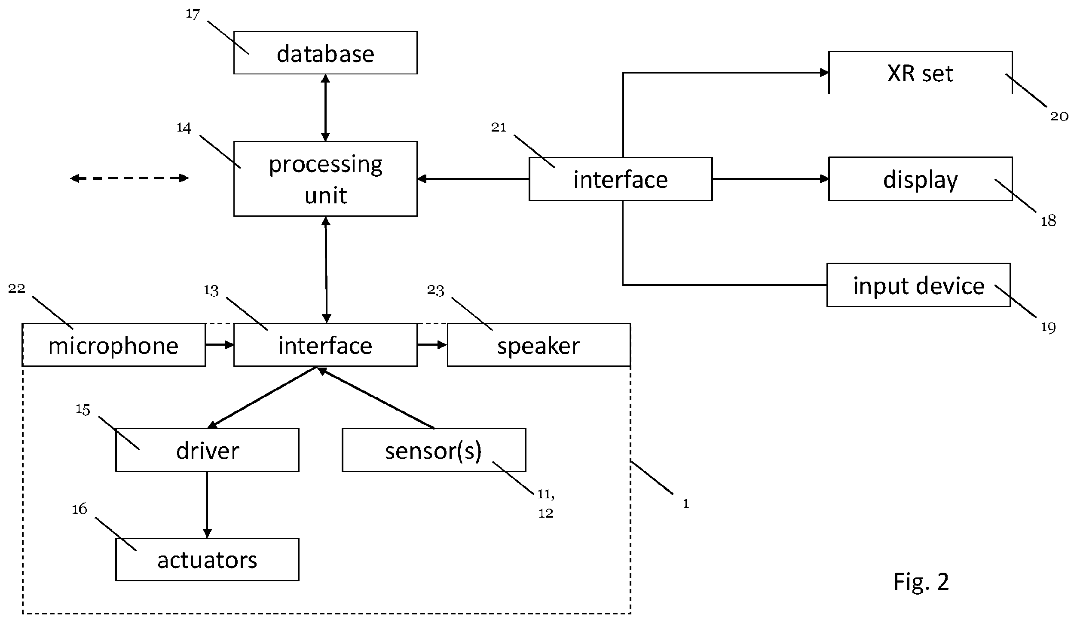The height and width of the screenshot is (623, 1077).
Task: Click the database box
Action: (x=325, y=53)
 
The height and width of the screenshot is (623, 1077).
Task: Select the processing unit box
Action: (x=325, y=178)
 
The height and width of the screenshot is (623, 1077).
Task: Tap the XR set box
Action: (x=920, y=73)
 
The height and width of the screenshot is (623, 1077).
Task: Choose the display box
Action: (x=920, y=178)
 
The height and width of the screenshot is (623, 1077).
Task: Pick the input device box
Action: (x=918, y=285)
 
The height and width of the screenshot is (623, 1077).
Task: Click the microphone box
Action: (x=113, y=345)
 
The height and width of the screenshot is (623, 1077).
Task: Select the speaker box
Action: (x=538, y=345)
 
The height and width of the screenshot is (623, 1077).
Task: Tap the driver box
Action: (x=207, y=450)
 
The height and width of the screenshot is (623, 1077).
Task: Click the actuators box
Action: (x=207, y=559)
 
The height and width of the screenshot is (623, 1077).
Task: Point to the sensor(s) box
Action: (x=434, y=450)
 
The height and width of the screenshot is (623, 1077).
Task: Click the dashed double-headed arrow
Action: (x=129, y=178)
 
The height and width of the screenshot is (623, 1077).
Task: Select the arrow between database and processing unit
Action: (x=325, y=107)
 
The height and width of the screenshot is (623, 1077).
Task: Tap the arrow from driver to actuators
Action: (x=207, y=505)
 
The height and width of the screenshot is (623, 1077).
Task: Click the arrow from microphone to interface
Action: (x=220, y=345)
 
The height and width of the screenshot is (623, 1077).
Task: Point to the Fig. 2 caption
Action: (x=921, y=582)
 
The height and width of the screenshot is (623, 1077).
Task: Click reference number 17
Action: (x=193, y=14)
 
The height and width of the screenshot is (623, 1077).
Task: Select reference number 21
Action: (x=499, y=127)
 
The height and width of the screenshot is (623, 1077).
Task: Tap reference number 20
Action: (x=1059, y=116)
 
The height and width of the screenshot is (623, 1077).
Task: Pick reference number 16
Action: (x=80, y=509)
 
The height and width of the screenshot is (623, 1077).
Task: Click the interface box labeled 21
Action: (x=621, y=179)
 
